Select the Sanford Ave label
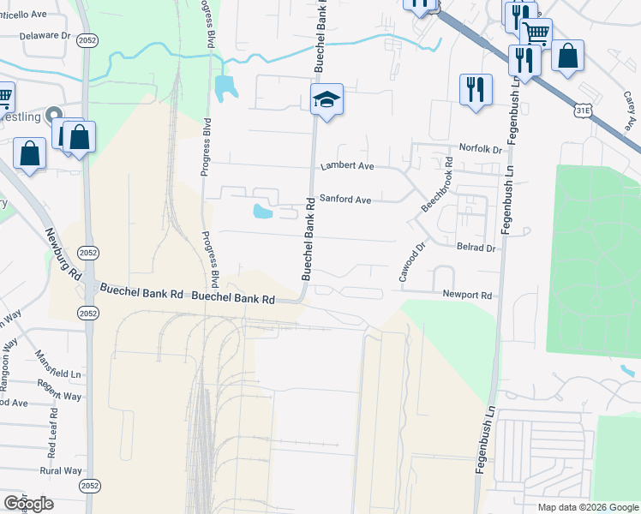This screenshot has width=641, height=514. point(345,200)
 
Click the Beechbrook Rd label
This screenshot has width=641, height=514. point(436,184)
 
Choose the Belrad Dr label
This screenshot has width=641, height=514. point(476,248)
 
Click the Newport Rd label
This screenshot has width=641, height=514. point(467,295)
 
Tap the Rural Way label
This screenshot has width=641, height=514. point(61,470)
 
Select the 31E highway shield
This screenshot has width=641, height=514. point(583,111)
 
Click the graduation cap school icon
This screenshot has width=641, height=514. point(326,101)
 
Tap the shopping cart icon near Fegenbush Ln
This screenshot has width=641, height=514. point(536,34)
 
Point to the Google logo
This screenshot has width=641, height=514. point(28,504)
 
